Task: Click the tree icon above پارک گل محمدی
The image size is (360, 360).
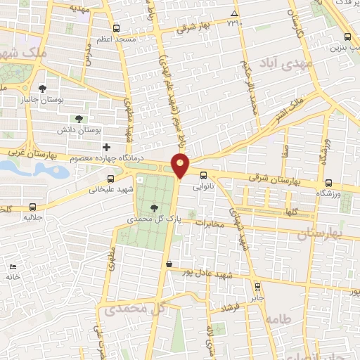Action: tap(154, 207)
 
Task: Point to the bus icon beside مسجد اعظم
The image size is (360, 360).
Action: tap(116, 30)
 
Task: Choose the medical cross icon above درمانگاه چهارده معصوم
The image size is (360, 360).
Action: tap(106, 147)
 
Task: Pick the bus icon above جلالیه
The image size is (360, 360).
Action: tap(33, 207)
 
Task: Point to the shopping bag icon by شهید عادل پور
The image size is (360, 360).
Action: tap(168, 264)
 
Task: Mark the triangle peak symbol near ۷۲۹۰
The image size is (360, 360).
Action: tap(234, 13)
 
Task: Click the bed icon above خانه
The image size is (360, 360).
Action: tap(12, 267)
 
